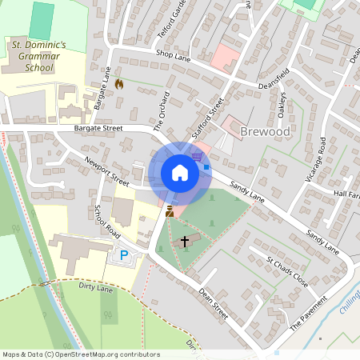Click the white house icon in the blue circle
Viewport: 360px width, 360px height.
click(x=180, y=173)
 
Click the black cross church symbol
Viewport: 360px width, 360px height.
click(x=186, y=240)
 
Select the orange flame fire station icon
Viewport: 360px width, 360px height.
click(x=119, y=82)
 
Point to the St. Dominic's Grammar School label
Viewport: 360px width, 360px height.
click(x=38, y=57)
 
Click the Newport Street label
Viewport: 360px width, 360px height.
click(x=106, y=170)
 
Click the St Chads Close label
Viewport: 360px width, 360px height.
click(x=287, y=272)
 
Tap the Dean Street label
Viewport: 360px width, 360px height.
click(x=214, y=304)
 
